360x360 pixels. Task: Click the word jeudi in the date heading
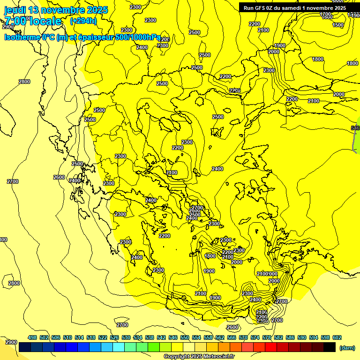(15, 10)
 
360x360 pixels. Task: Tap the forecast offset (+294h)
(83, 21)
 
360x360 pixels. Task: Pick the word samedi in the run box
(294, 8)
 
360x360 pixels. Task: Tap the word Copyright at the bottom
(176, 357)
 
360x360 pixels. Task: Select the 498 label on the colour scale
(32, 337)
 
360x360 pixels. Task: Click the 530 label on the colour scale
(126, 337)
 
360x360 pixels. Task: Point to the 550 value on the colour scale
(185, 337)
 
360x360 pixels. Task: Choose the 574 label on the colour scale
(255, 337)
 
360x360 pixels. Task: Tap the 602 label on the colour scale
(337, 337)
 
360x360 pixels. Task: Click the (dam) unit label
(347, 347)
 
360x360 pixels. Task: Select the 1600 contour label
(328, 18)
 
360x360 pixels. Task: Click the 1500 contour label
(338, 25)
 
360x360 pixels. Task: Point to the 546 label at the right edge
(355, 128)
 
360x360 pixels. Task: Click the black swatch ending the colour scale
(330, 347)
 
